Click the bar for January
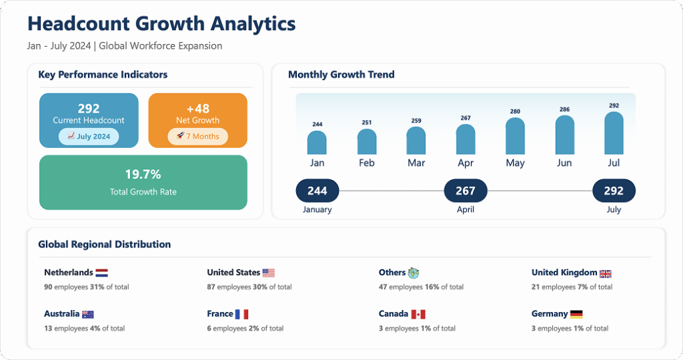click(317, 143)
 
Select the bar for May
click(515, 136)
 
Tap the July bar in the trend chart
click(614, 133)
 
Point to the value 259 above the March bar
click(416, 121)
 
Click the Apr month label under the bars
click(466, 163)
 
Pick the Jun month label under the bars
click(564, 163)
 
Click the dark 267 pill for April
click(466, 191)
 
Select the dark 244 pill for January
click(317, 191)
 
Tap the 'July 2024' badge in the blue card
click(89, 137)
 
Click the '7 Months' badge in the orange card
click(197, 137)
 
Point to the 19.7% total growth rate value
click(143, 175)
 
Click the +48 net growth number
click(197, 108)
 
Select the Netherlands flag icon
click(101, 273)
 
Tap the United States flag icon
click(268, 273)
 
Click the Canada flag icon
click(418, 314)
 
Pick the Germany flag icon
click(576, 314)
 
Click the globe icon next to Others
click(414, 273)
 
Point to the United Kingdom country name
click(564, 273)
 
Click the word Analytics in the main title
click(253, 24)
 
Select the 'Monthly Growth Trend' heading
click(341, 75)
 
